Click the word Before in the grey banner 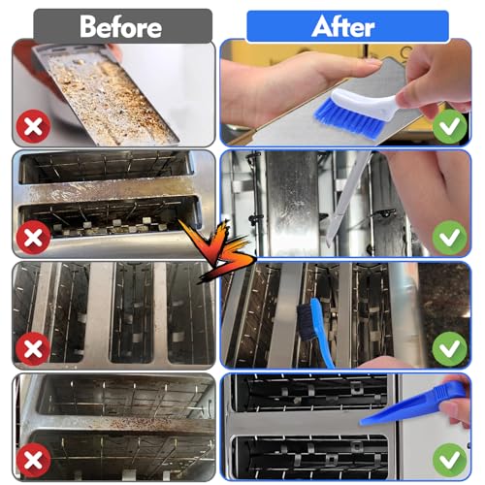[121, 26]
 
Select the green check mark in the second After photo [449, 237]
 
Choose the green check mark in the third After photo [449, 348]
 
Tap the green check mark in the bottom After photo [449, 459]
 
